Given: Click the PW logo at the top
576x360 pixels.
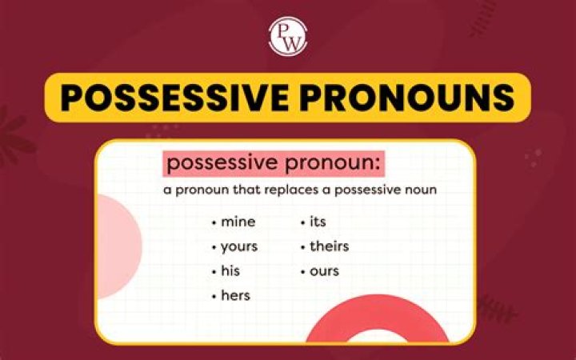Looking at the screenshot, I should [x=287, y=36].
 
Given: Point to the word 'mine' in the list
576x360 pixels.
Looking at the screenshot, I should [x=238, y=221].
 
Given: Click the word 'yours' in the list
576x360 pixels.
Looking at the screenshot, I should [x=240, y=246].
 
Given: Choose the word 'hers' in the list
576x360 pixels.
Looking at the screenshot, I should [x=235, y=296].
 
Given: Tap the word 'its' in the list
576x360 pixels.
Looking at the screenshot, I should [x=318, y=221].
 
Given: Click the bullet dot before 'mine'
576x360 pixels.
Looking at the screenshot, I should [x=214, y=222].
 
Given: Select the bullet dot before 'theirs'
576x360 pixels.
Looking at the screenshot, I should [x=303, y=247].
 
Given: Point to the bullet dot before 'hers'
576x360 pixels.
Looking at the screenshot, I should [x=214, y=297].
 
